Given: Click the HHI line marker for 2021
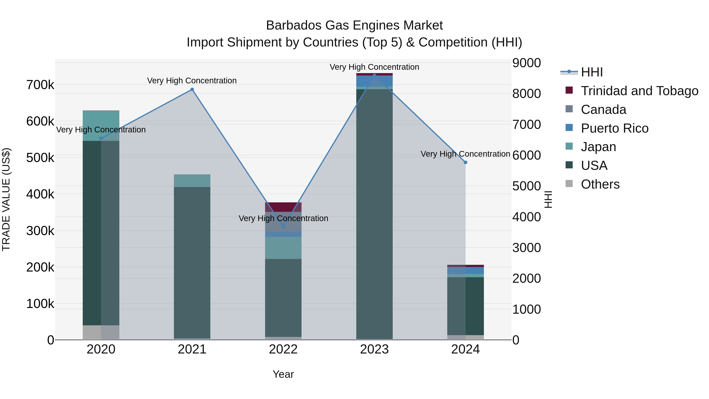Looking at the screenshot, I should click(192, 89).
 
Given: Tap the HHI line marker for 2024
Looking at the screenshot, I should click(465, 163).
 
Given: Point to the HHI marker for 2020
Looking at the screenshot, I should click(101, 139).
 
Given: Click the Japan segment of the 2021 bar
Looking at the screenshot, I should click(192, 181).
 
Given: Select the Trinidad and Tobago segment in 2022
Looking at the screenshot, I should click(283, 207).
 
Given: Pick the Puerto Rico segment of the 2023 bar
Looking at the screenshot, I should click(374, 81).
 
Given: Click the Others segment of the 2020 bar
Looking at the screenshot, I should click(101, 332).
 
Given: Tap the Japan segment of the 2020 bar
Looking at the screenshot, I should click(101, 121).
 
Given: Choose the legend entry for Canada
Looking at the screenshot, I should click(603, 110).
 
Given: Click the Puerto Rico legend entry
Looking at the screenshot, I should click(614, 128).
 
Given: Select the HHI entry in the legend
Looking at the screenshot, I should click(592, 72).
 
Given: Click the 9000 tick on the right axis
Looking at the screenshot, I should click(526, 63).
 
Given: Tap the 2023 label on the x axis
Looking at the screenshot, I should click(374, 349).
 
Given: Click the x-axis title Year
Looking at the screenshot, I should click(283, 374).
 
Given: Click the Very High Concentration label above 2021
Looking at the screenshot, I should click(192, 81).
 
